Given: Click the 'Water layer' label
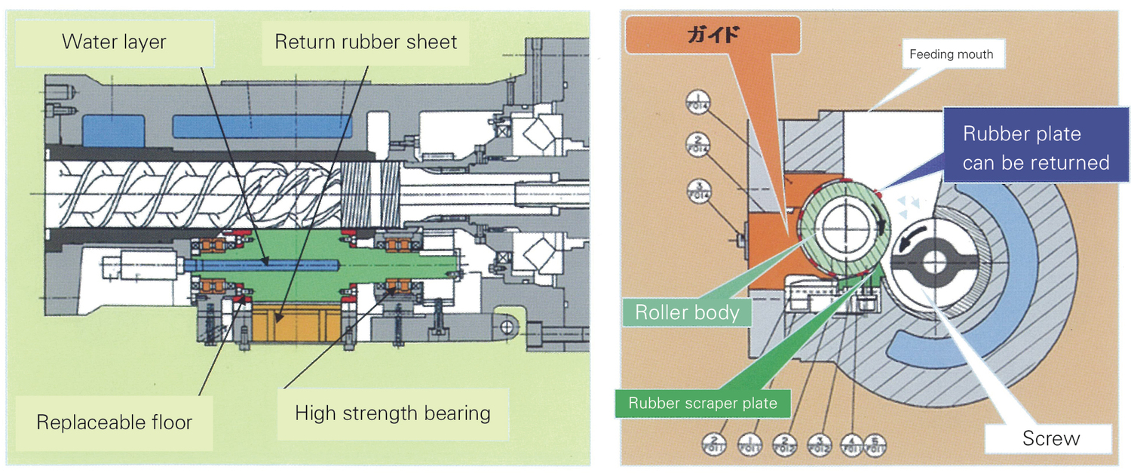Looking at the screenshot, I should [114, 41].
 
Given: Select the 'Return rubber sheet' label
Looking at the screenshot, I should [366, 41].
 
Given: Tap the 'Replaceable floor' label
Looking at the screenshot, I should [114, 422].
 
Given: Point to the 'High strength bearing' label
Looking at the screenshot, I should [392, 413].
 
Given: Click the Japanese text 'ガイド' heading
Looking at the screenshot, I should [713, 35].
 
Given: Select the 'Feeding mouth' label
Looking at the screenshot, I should [951, 54].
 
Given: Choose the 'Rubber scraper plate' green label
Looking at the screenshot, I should [702, 403].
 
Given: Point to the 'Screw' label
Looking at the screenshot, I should [1050, 438].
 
